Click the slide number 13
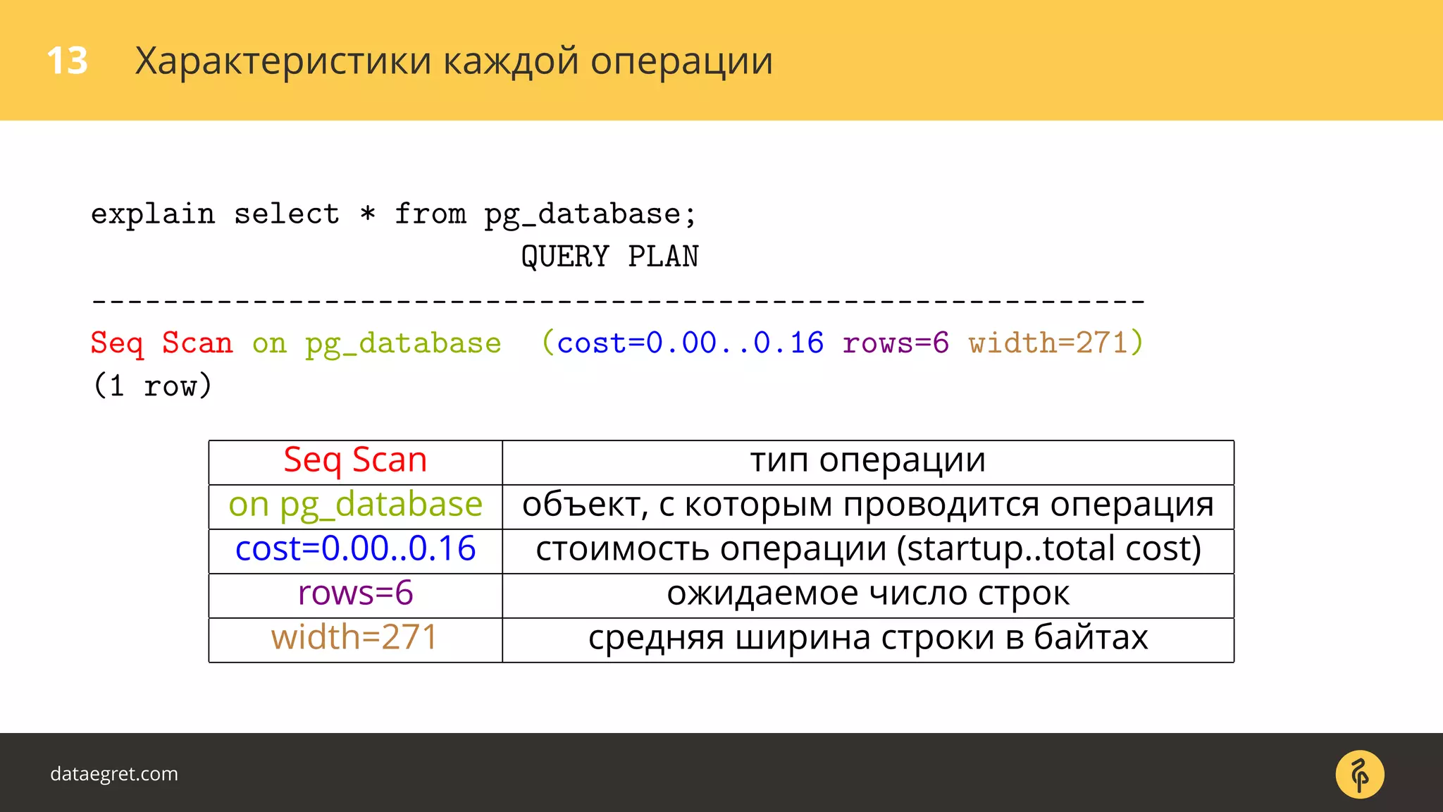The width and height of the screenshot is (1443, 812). coord(67,61)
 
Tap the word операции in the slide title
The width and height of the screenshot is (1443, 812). coord(681,62)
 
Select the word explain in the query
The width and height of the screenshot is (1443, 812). coord(153,214)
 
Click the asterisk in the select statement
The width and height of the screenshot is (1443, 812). coord(367,213)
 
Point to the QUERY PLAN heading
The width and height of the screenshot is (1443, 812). coord(609,257)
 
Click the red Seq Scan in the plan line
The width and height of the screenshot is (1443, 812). coord(161,343)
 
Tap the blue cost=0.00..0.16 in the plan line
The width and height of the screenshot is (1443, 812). coord(690,343)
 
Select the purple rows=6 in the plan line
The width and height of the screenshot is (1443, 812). coord(896,343)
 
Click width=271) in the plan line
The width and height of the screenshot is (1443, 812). coord(1055,343)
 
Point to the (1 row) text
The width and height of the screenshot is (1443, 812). coord(152,386)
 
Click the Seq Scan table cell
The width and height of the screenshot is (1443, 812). coord(355,461)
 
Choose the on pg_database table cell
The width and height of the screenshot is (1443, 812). coord(355,505)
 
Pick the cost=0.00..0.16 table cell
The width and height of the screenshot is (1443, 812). coord(355,550)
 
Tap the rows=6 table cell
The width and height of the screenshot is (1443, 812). coord(355,594)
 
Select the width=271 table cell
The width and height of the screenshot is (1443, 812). coord(355,639)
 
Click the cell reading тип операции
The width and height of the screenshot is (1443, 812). coord(867,461)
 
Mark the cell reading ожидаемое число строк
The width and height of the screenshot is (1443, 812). coord(867,594)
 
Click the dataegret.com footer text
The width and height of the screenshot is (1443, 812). coord(114,774)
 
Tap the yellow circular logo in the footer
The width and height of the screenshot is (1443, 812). coord(1359,774)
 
